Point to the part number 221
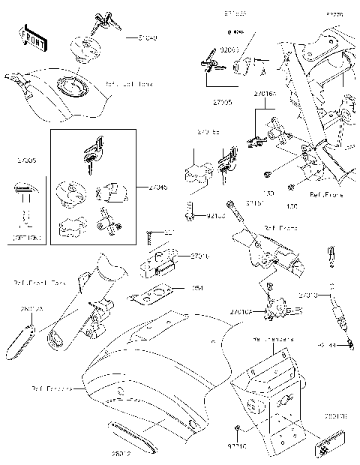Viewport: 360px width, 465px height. click(169, 232)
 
